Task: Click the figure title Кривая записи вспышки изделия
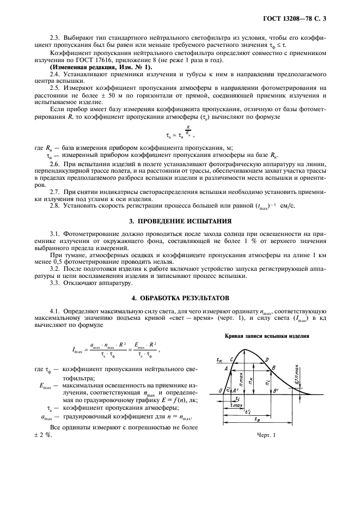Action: click(267, 336)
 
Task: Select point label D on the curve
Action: click(266, 360)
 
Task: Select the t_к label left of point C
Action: click(218, 360)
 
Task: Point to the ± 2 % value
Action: click(41, 434)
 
